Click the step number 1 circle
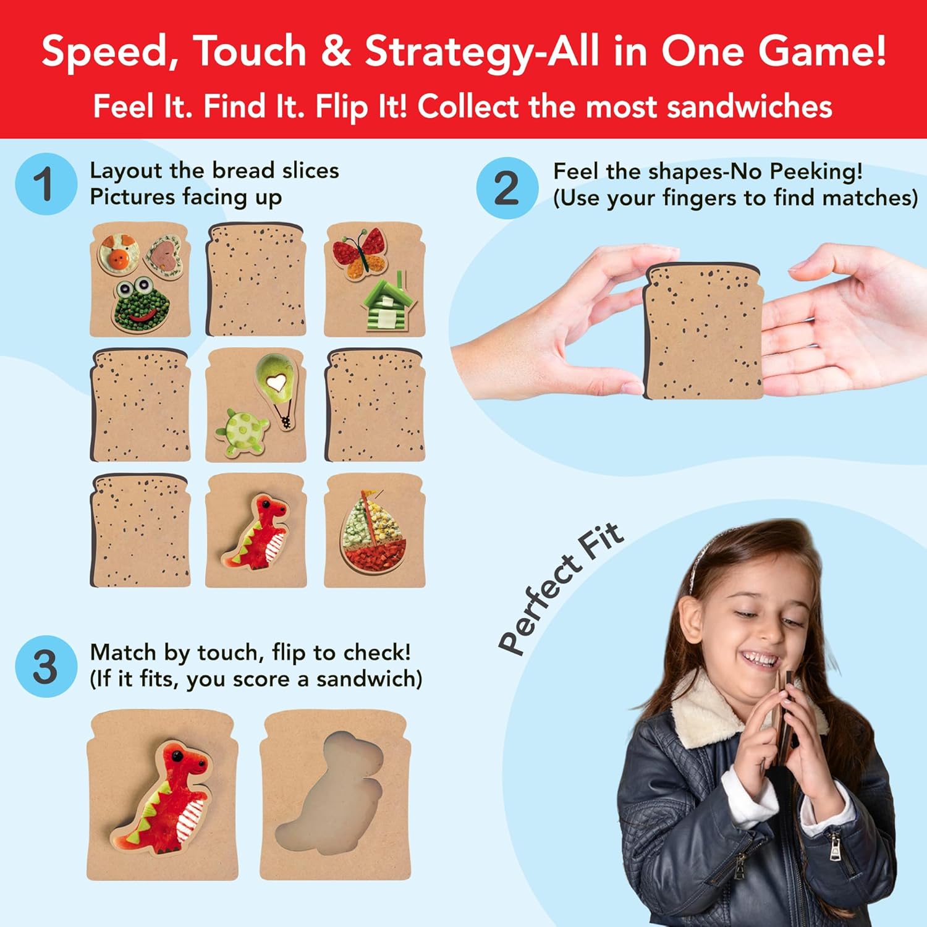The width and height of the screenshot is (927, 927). [x=46, y=184]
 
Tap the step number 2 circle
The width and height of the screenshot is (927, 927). [x=507, y=187]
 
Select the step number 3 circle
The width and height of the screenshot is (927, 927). [x=46, y=666]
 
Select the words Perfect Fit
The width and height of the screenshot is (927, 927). [x=560, y=587]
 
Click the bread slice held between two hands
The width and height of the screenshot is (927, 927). [x=703, y=331]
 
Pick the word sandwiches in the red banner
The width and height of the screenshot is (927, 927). [x=749, y=106]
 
